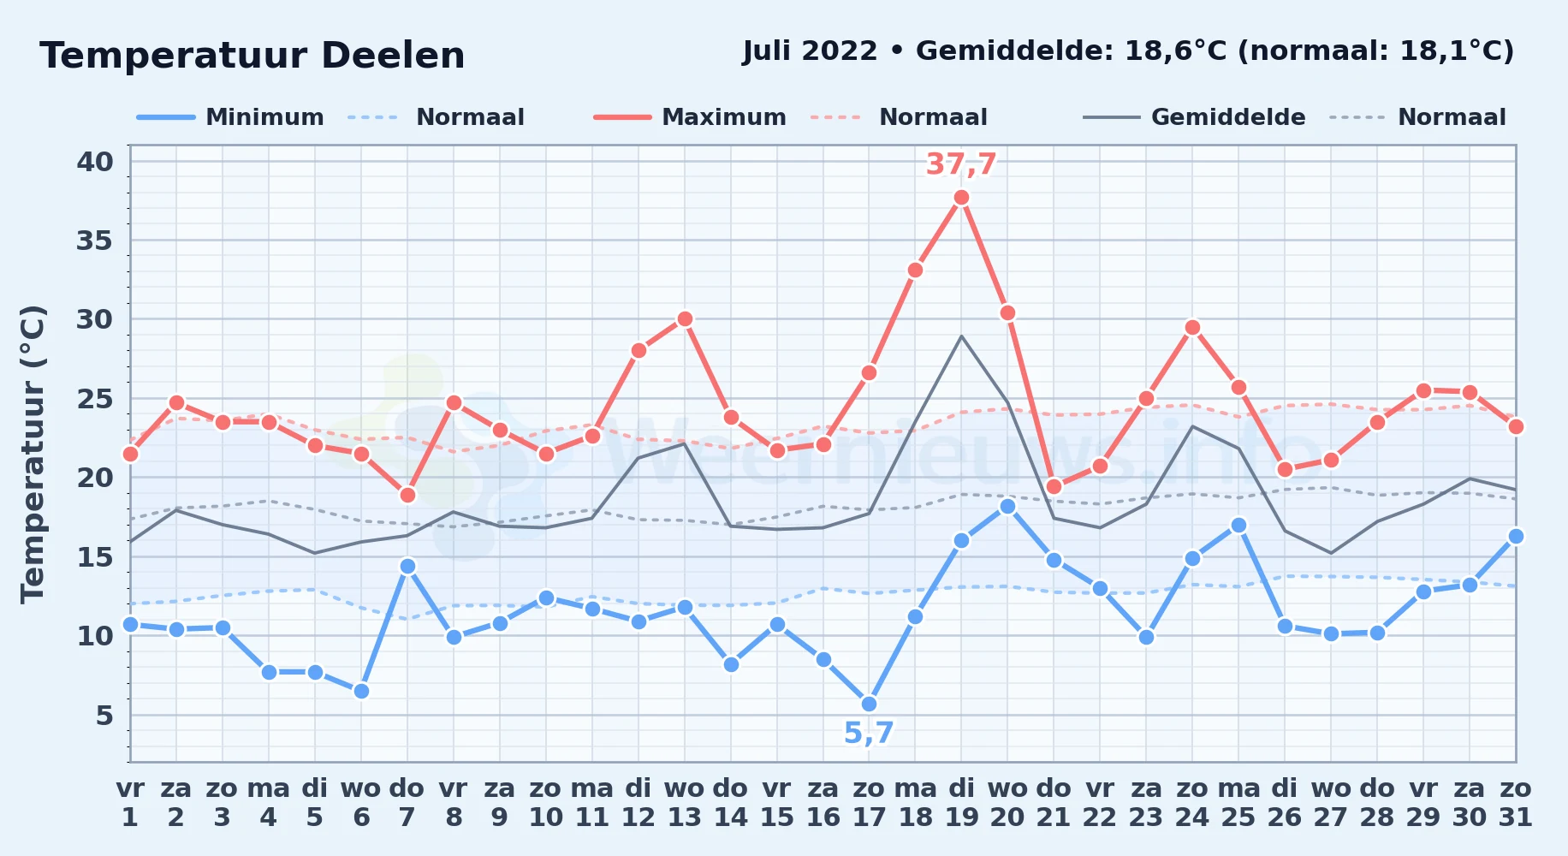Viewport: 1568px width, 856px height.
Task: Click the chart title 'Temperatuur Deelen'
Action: point(252,56)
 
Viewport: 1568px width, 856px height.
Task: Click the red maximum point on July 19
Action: point(961,198)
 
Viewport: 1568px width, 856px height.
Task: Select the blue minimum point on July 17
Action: point(869,704)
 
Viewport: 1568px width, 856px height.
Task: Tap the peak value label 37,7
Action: point(961,163)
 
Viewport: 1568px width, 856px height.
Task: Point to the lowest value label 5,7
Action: point(869,733)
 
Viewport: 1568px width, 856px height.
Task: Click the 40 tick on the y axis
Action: point(95,161)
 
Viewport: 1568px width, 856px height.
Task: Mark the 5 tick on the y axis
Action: point(104,715)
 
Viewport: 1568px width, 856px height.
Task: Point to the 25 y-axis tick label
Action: point(95,399)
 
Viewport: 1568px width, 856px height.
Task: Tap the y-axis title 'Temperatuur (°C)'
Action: point(33,454)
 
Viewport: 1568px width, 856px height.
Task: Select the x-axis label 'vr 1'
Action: point(130,803)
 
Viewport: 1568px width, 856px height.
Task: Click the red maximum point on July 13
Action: point(685,319)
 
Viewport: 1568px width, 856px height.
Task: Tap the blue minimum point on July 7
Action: point(407,566)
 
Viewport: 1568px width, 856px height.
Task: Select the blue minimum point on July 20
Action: point(1007,506)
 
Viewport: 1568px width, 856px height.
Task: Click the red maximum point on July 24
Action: point(1192,327)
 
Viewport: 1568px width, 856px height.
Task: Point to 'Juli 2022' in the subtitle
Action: point(810,51)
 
